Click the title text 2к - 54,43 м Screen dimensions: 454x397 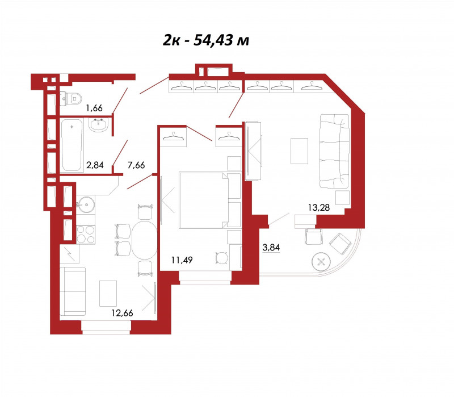pos(206,40)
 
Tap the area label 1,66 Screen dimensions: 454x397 pos(94,108)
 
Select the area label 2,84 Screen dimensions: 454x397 pos(95,165)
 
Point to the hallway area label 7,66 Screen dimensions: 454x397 pos(136,165)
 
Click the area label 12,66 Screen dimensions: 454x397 pos(122,313)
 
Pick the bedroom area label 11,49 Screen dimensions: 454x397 pos(182,260)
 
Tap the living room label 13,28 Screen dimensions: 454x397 pos(319,207)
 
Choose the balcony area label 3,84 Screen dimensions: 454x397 pos(271,248)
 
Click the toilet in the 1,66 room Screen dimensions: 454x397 pos(71,99)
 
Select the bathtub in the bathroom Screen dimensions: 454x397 pos(72,145)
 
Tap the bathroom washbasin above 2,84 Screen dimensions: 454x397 pos(99,125)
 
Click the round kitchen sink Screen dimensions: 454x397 pos(86,205)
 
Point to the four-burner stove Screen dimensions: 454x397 pos(86,235)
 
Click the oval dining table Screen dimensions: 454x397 pos(145,240)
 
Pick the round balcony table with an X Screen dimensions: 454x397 pos(321,262)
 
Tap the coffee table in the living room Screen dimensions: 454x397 pos(300,151)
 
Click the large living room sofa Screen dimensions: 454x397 pos(334,151)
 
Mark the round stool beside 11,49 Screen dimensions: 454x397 pos(221,258)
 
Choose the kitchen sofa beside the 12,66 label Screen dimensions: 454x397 pos(73,291)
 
